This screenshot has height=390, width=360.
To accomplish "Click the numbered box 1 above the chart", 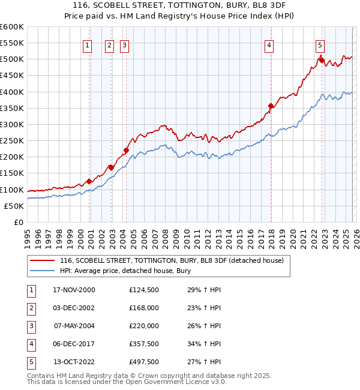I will tap(88, 45).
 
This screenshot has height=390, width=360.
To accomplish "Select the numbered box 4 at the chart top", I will tap(269, 45).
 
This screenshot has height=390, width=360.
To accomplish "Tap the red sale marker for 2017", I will tap(271, 106).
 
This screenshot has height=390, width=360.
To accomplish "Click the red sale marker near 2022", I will tap(322, 60).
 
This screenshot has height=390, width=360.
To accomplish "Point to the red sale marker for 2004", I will tap(127, 151).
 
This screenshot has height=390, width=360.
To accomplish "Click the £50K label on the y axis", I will tap(14, 206).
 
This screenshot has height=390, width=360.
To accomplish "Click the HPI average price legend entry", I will tap(125, 271).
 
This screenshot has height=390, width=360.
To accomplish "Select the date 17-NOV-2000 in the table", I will tap(74, 290).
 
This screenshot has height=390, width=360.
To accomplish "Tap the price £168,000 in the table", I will tap(144, 308).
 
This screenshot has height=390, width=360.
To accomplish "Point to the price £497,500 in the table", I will tap(144, 362).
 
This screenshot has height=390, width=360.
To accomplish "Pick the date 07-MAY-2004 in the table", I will tap(74, 326).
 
